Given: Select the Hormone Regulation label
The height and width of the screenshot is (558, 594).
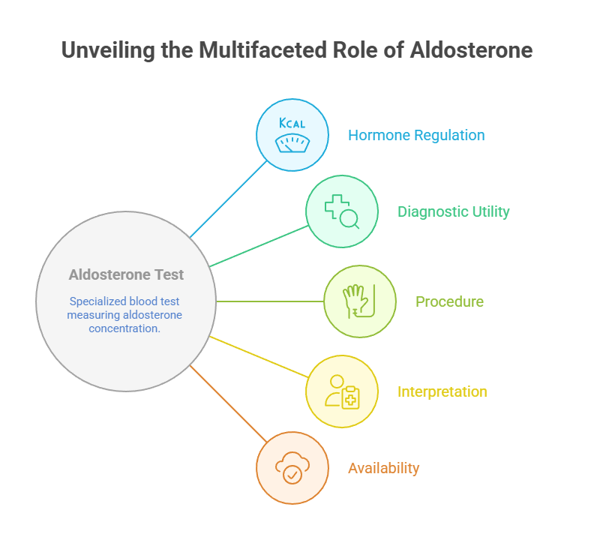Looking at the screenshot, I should point(416,136).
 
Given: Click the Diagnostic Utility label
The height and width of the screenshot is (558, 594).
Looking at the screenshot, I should point(453,211).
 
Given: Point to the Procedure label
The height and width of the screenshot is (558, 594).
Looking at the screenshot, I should point(449,301).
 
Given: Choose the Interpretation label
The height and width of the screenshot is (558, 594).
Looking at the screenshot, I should point(442,391).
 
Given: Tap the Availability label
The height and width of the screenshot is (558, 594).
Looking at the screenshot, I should point(383,468).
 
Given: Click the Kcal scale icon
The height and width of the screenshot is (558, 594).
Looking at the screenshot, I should point(292,135).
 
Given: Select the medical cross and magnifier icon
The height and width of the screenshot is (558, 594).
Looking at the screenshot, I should point(342,211).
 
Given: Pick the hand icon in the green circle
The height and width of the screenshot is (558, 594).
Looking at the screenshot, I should point(359,301).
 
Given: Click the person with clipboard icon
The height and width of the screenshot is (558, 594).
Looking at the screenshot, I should point(342,391).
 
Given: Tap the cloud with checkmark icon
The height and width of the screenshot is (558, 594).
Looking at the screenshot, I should point(292,468).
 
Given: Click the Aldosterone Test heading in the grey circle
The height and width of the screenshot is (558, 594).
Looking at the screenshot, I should point(126,275).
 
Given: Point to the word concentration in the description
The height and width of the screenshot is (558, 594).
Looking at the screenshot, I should point(124,328).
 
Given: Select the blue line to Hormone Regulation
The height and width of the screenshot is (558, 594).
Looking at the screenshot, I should point(229,199).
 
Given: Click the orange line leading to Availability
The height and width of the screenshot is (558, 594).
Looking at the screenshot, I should point(229,404).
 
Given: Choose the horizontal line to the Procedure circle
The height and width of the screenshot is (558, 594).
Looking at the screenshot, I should point(270,301).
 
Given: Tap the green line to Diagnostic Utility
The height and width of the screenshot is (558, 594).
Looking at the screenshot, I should point(259,246).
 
